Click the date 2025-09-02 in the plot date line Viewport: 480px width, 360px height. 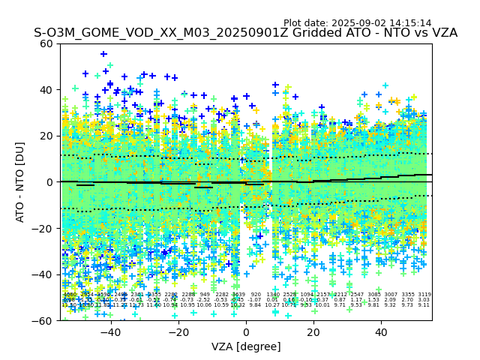click(x=360, y=23)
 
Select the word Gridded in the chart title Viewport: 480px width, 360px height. click(x=297, y=33)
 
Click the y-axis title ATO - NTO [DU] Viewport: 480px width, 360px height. click(x=21, y=181)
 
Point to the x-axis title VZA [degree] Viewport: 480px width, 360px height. click(x=246, y=346)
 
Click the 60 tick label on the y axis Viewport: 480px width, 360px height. click(x=46, y=43)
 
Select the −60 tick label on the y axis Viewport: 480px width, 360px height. click(x=43, y=320)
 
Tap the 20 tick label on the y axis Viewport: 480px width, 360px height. click(x=46, y=136)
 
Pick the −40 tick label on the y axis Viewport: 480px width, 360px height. click(x=43, y=274)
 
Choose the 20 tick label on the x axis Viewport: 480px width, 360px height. click(x=313, y=331)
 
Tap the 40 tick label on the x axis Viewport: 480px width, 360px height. click(x=382, y=331)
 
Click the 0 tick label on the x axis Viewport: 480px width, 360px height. click(x=246, y=331)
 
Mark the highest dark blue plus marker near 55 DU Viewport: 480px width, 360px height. click(x=103, y=54)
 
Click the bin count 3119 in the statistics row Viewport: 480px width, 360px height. click(x=424, y=295)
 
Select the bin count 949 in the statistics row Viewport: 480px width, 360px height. click(x=205, y=295)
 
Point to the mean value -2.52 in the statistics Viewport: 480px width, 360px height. click(x=204, y=300)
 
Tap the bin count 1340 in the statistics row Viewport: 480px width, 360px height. click(x=273, y=295)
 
